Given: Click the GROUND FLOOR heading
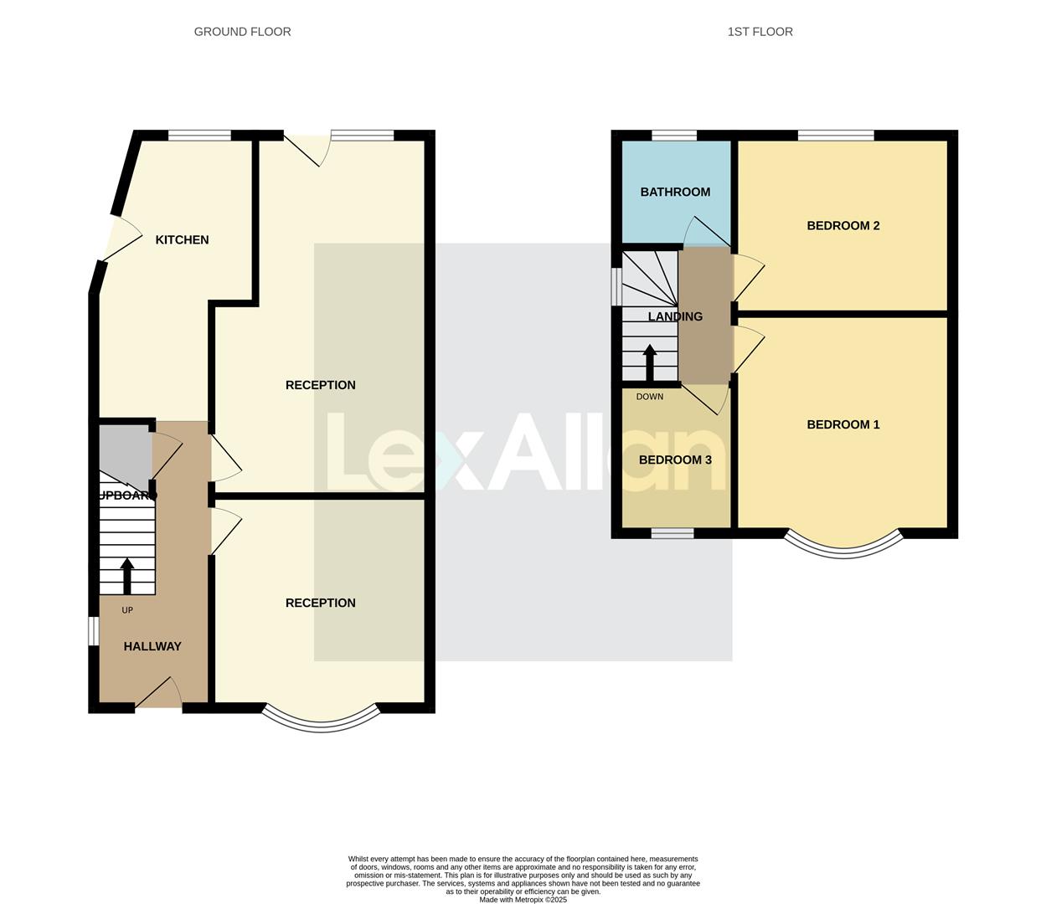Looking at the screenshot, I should (242, 32).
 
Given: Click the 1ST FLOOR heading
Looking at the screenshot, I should (760, 32).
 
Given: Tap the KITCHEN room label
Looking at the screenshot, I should (182, 240).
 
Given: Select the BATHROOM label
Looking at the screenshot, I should (675, 193).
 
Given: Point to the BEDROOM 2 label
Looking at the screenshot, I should (842, 226).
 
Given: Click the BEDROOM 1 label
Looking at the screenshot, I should (842, 425).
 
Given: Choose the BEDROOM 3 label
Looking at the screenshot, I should (675, 460).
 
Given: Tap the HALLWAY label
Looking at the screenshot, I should (152, 646).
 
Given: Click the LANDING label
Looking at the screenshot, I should (675, 316).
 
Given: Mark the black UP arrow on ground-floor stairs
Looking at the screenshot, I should (127, 576).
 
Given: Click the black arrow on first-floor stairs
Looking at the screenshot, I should (649, 362).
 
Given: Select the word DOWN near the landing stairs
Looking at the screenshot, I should (649, 397).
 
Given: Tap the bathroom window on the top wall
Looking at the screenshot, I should (674, 136).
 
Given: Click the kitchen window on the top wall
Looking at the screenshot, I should (199, 136).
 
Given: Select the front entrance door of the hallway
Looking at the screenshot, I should (159, 695).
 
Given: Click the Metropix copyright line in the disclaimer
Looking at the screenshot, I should (523, 900).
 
